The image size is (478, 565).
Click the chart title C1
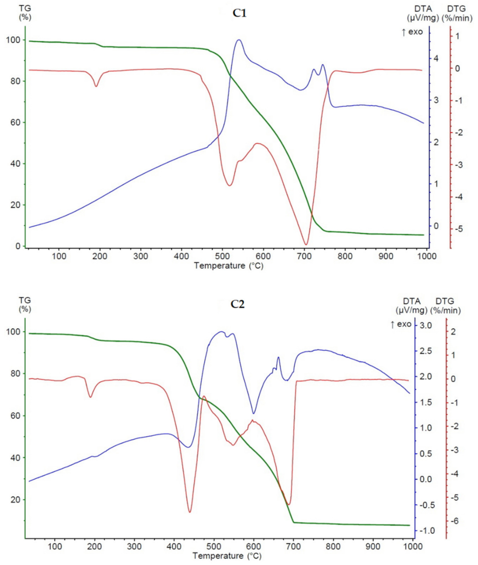pyautogui.click(x=239, y=13)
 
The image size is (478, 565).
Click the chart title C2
pyautogui.click(x=237, y=304)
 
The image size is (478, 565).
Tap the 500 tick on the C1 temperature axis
pyautogui.click(x=222, y=256)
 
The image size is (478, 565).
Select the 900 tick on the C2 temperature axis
pyautogui.click(x=373, y=547)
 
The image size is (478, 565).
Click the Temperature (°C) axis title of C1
pyautogui.click(x=229, y=266)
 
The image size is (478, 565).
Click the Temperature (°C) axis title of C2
pyautogui.click(x=227, y=556)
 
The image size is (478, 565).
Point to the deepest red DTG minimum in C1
pyautogui.click(x=306, y=244)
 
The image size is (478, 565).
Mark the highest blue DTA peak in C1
pyautogui.click(x=239, y=40)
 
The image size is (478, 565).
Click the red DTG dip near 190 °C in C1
pyautogui.click(x=96, y=86)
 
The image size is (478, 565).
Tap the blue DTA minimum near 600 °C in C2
pyautogui.click(x=254, y=413)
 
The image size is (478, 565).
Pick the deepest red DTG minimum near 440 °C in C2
pyautogui.click(x=190, y=512)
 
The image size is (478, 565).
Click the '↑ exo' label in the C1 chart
pyautogui.click(x=412, y=32)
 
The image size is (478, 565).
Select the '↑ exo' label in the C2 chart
pyautogui.click(x=401, y=324)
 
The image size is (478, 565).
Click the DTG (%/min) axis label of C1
pyautogui.click(x=457, y=13)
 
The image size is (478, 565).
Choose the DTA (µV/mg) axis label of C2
pyautogui.click(x=411, y=306)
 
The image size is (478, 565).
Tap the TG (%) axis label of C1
pyautogui.click(x=25, y=12)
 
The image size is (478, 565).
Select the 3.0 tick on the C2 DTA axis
pyautogui.click(x=426, y=325)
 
